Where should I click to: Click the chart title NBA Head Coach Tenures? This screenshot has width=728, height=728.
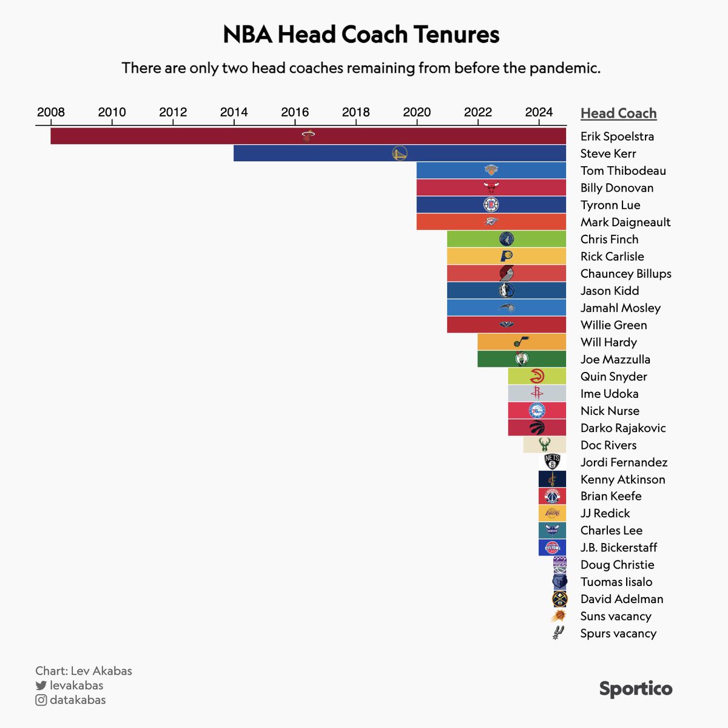click(x=361, y=35)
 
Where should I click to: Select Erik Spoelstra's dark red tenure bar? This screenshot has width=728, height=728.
click(x=182, y=136)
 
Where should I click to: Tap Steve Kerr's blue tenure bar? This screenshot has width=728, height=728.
click(x=315, y=153)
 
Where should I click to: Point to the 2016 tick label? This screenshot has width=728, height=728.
click(x=295, y=112)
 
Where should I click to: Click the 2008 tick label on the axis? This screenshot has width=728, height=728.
click(x=51, y=112)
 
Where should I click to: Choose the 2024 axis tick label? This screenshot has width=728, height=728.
click(x=539, y=112)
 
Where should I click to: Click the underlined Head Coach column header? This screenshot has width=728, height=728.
click(x=618, y=113)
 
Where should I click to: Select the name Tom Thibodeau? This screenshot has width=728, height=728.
click(x=623, y=171)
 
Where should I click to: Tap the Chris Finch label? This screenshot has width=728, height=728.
click(x=609, y=240)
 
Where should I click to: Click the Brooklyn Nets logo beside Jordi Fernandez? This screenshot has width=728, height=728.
click(x=552, y=462)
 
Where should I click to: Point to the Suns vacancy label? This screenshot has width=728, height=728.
click(x=616, y=616)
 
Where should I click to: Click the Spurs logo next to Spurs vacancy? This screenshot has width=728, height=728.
click(x=558, y=633)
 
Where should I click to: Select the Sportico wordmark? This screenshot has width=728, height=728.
click(x=636, y=689)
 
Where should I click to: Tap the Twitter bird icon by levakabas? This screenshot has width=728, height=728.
click(x=41, y=686)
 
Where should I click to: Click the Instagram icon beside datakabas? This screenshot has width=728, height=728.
click(x=41, y=700)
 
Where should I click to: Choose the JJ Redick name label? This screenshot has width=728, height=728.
click(x=605, y=513)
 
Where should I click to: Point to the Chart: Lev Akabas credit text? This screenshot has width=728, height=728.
click(x=84, y=671)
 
